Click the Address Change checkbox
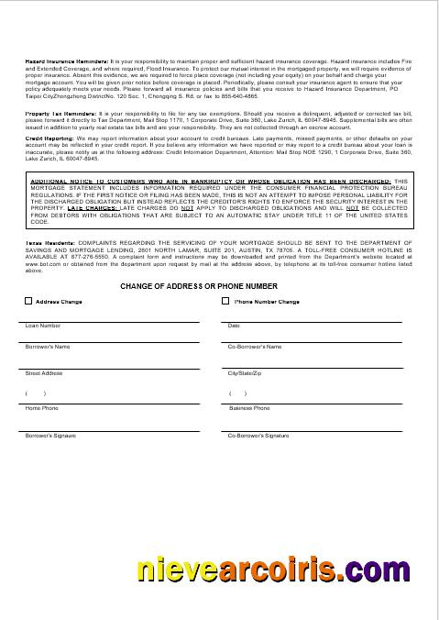pos(28,301)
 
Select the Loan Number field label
pos(43,326)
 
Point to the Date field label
pos(234,326)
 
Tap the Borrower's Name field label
pos(48,348)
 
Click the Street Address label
pos(44,374)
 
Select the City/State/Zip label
pos(245,374)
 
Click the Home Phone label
pos(41,408)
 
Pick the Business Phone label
pos(249,408)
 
